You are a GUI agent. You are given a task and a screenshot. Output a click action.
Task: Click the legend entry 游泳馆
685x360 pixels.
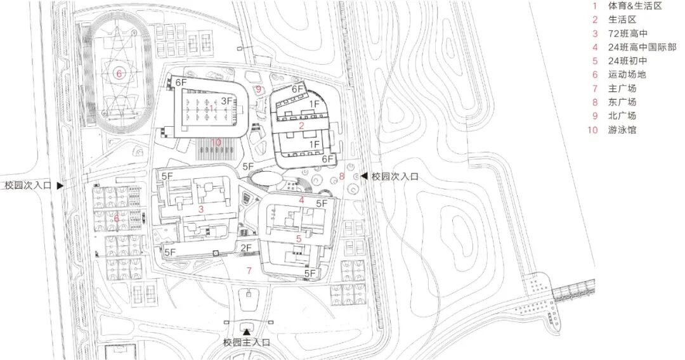click(623, 130)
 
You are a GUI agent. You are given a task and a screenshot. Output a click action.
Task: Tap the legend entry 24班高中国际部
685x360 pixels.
click(643, 47)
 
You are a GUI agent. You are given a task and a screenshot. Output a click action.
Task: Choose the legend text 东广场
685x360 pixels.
click(623, 102)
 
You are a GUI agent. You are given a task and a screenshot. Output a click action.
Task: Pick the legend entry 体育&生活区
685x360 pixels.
click(635, 5)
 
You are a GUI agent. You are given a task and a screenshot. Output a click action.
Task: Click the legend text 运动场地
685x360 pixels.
click(627, 75)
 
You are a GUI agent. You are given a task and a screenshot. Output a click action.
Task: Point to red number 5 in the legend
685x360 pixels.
click(595, 61)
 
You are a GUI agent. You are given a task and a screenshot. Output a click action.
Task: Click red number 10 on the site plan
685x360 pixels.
click(217, 142)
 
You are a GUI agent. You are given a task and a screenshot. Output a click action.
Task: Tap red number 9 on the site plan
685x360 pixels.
click(259, 89)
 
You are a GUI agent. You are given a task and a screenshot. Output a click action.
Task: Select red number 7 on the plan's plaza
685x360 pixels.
click(249, 271)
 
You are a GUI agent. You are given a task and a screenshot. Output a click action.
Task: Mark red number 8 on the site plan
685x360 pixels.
click(341, 176)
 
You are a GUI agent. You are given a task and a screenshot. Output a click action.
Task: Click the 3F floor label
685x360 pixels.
click(228, 101)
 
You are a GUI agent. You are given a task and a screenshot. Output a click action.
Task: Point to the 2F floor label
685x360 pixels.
click(246, 248)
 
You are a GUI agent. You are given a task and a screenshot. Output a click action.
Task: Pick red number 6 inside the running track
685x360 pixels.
click(118, 74)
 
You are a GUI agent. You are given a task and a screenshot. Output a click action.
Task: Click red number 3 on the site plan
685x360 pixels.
click(200, 209)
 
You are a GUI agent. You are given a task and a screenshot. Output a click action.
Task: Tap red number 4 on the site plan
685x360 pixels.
click(302, 201)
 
